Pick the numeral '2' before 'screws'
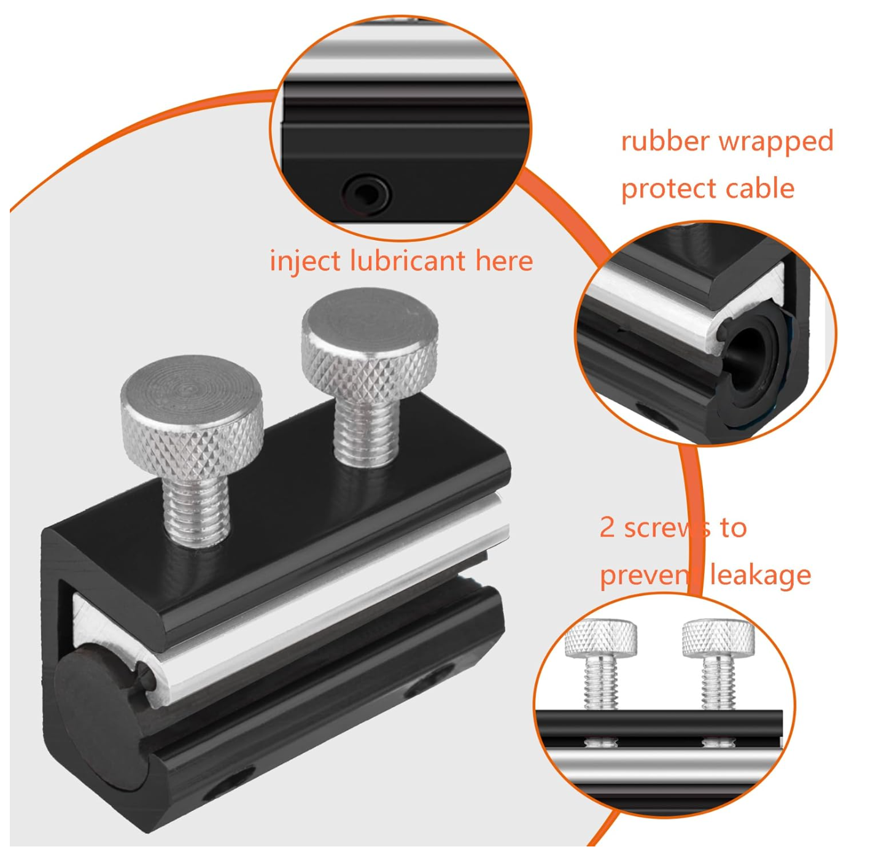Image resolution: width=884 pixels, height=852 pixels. [607, 528]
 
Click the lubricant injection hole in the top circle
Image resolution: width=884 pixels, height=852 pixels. [366, 193]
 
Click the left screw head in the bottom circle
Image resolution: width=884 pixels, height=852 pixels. [600, 638]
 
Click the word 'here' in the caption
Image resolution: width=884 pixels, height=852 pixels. [504, 261]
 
